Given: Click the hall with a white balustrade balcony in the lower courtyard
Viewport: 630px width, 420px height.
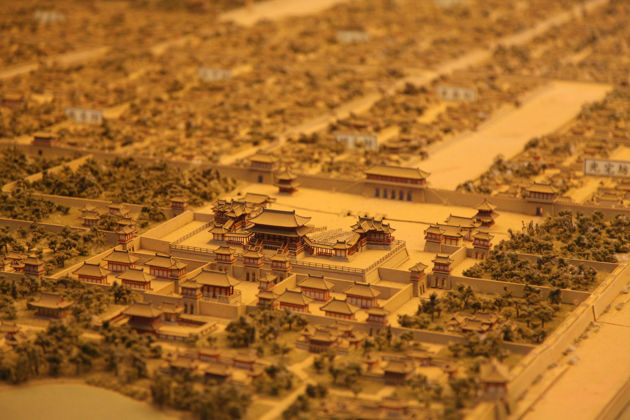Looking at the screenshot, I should tap(215, 286).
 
